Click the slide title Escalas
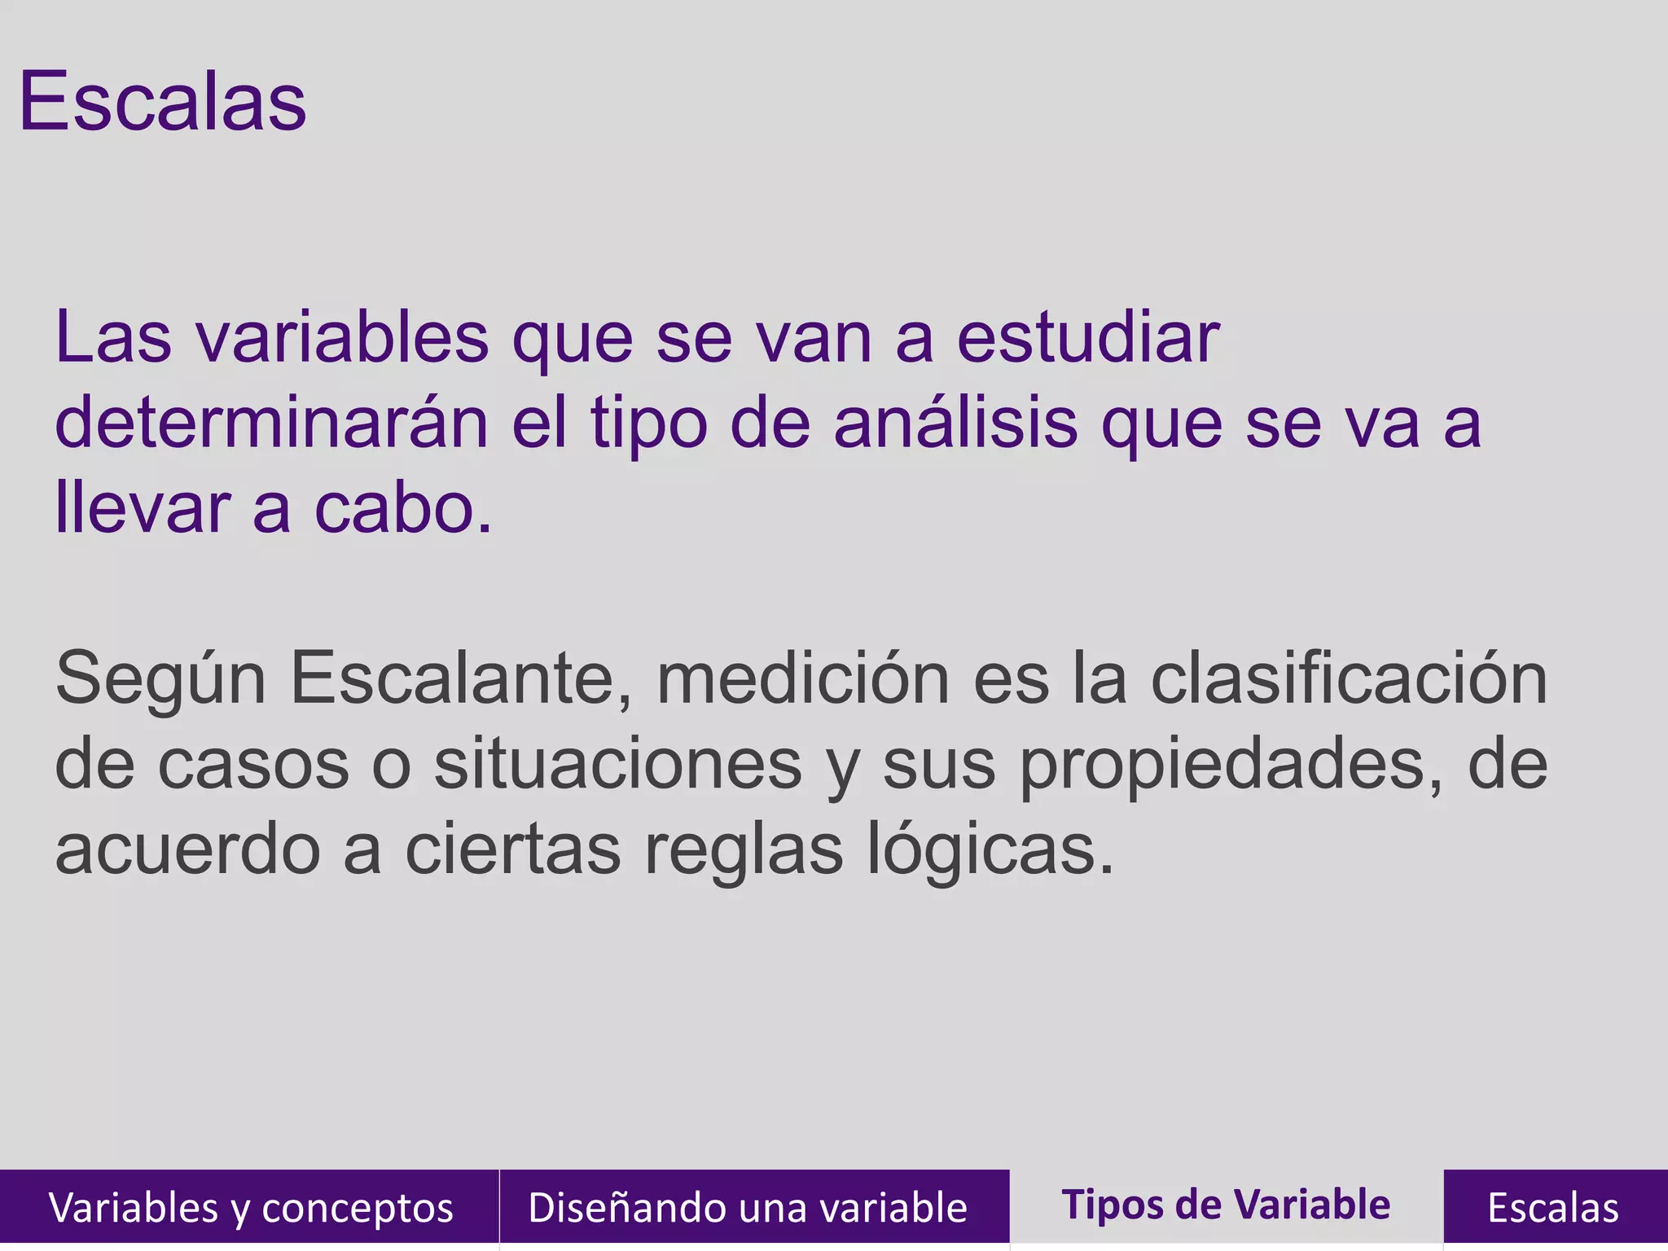[x=163, y=102]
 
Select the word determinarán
[x=271, y=424]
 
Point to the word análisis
[x=955, y=424]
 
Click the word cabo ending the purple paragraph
[x=403, y=509]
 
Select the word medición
[x=802, y=678]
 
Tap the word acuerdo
[x=187, y=849]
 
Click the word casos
[x=252, y=766]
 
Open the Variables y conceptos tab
[x=250, y=1207]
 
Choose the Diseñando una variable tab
[x=748, y=1207]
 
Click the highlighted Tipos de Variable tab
[x=1226, y=1205]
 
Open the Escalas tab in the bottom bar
[x=1553, y=1207]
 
